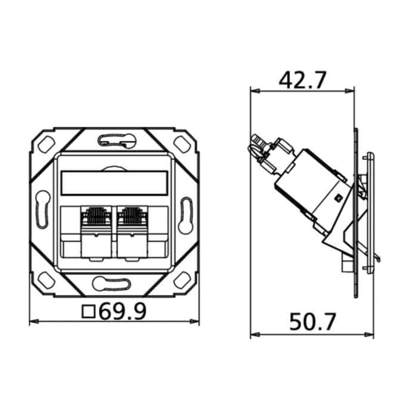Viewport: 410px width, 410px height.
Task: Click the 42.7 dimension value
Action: pyautogui.click(x=303, y=80)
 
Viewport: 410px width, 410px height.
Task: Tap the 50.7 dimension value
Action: pyautogui.click(x=312, y=322)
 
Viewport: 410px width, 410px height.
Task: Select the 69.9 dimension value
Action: pyautogui.click(x=123, y=311)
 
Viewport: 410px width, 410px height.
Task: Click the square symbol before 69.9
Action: pyautogui.click(x=88, y=312)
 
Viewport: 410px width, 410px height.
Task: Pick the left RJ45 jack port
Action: pyautogui.click(x=96, y=232)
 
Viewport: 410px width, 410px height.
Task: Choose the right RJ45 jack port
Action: pyautogui.click(x=132, y=232)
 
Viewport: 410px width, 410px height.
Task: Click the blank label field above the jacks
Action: pyautogui.click(x=114, y=183)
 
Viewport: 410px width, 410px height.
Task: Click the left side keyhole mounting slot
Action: pyautogui.click(x=42, y=209)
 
